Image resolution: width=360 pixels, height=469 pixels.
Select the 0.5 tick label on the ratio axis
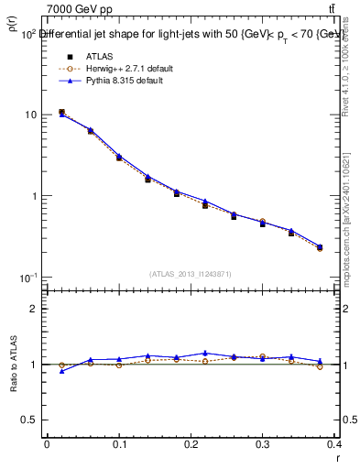pyautogui.click(x=30, y=420)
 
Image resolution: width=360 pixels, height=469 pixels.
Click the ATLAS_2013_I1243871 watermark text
pyautogui.click(x=191, y=274)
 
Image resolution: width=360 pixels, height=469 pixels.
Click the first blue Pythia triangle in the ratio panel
pyautogui.click(x=61, y=371)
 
